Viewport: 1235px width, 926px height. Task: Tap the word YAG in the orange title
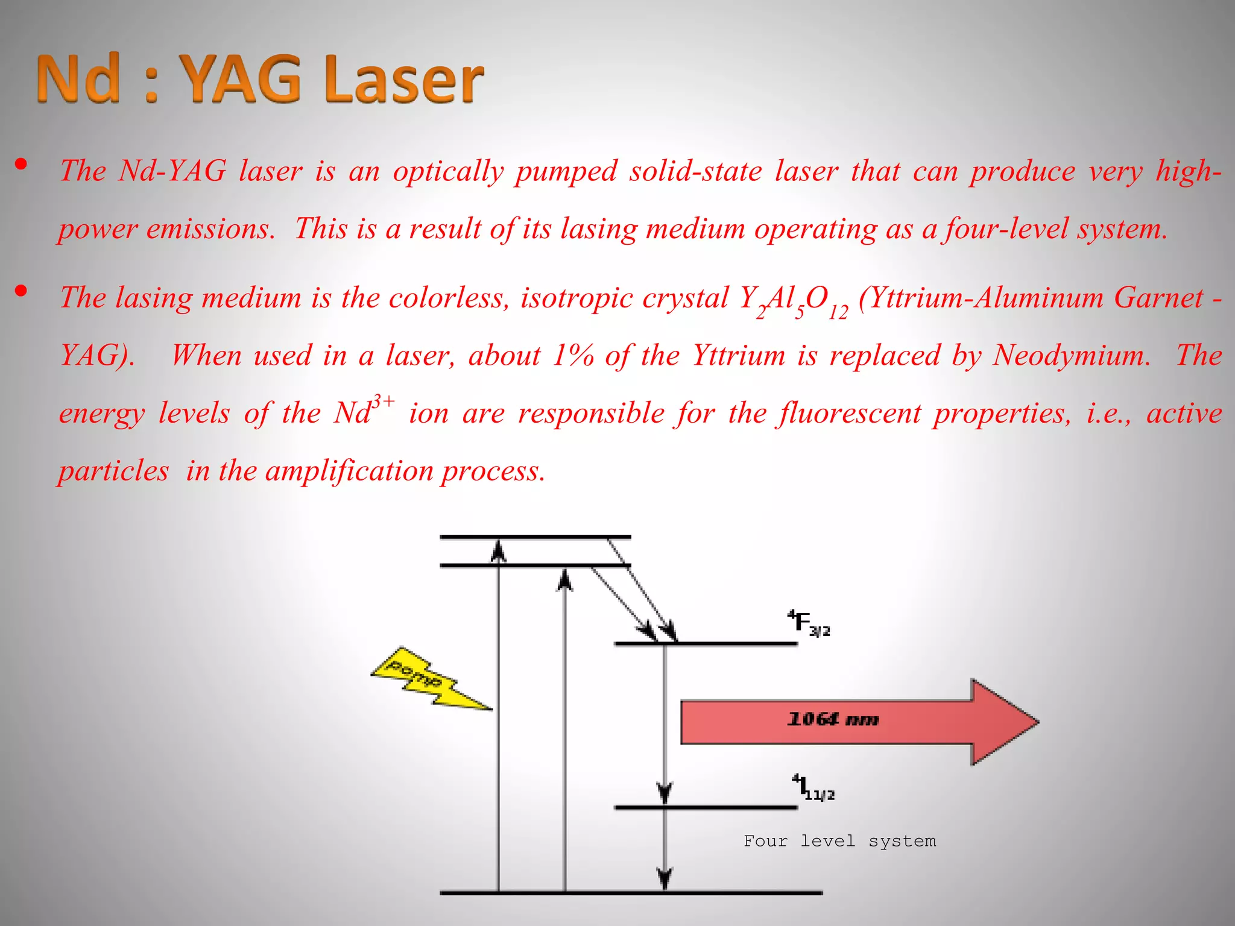241,78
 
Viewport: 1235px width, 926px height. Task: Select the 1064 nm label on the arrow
833,719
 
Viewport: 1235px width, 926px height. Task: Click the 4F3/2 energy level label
809,623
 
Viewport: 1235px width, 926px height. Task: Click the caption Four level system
839,841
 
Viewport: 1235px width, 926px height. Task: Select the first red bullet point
22,164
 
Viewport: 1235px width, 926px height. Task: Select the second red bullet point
22,291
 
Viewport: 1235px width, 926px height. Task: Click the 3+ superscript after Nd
384,400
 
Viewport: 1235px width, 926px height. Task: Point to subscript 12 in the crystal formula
838,312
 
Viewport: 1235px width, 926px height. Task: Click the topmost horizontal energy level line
535,536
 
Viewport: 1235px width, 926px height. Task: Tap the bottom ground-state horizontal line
631,892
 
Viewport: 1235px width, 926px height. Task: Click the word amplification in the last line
349,471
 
